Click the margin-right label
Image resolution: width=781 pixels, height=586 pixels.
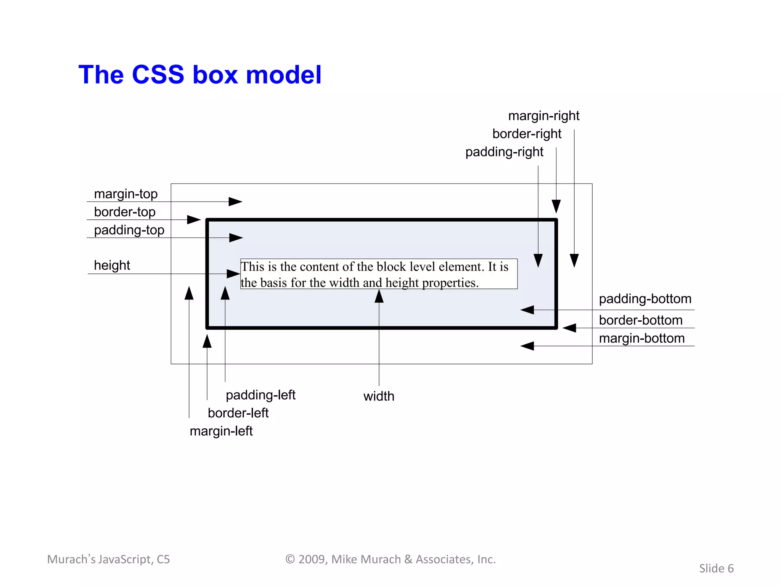click(x=543, y=116)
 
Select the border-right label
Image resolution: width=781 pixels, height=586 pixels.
click(x=527, y=134)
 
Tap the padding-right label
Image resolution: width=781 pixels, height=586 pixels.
click(x=504, y=152)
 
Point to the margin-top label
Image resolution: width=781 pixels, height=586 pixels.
click(x=125, y=194)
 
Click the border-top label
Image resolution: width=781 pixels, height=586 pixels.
click(x=124, y=212)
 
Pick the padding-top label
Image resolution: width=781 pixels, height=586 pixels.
click(x=129, y=230)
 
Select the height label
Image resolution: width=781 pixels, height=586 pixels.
click(x=112, y=265)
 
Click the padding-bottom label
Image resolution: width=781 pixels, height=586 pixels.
click(x=645, y=299)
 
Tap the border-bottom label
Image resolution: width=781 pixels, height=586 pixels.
click(x=640, y=320)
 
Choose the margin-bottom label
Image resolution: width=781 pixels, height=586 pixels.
click(x=641, y=338)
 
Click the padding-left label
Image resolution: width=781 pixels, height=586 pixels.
click(x=260, y=395)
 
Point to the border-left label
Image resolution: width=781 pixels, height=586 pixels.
click(x=238, y=413)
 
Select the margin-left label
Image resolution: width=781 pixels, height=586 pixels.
click(x=221, y=431)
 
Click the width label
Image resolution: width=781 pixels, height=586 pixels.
click(x=379, y=396)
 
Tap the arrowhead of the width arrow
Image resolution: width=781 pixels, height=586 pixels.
click(x=379, y=296)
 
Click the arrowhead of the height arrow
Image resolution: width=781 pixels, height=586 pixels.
click(x=233, y=274)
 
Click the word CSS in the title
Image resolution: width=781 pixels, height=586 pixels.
click(x=158, y=74)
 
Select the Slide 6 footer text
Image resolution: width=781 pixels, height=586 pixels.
click(x=716, y=568)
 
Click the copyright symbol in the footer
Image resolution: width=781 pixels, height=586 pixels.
click(x=290, y=559)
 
